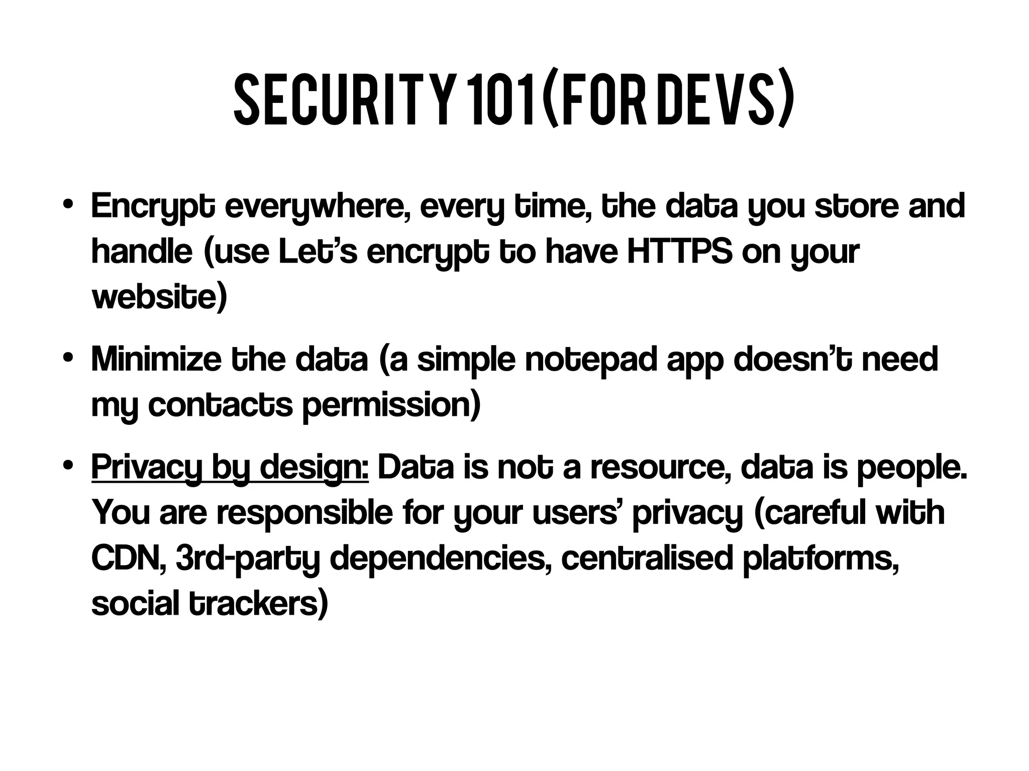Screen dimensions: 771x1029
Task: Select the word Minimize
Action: tap(156, 360)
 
